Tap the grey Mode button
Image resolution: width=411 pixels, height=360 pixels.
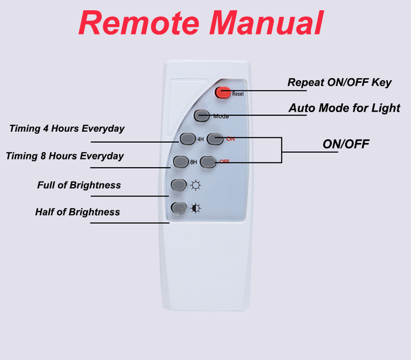(x=202, y=116)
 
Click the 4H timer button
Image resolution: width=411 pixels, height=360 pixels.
(x=186, y=138)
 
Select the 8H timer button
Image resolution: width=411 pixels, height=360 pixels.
(x=181, y=161)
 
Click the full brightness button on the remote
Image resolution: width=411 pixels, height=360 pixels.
(x=178, y=184)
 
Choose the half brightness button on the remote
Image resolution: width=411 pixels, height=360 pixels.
(x=178, y=208)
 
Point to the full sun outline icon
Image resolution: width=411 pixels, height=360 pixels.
(x=196, y=185)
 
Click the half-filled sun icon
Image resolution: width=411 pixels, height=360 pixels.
(x=196, y=208)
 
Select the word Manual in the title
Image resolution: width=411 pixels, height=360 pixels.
(x=267, y=23)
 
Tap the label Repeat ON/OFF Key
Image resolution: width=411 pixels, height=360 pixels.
(x=339, y=82)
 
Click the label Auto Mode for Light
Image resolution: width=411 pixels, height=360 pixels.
(x=344, y=108)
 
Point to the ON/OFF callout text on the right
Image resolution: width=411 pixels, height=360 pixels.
(x=346, y=144)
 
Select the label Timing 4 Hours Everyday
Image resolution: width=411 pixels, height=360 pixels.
(x=67, y=129)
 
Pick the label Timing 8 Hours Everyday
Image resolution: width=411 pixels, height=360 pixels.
(x=65, y=156)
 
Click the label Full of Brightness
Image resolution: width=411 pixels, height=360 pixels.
(x=79, y=185)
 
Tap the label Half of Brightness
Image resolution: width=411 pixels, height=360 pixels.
(x=78, y=212)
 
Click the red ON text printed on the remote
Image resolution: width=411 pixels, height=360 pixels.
(x=230, y=138)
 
